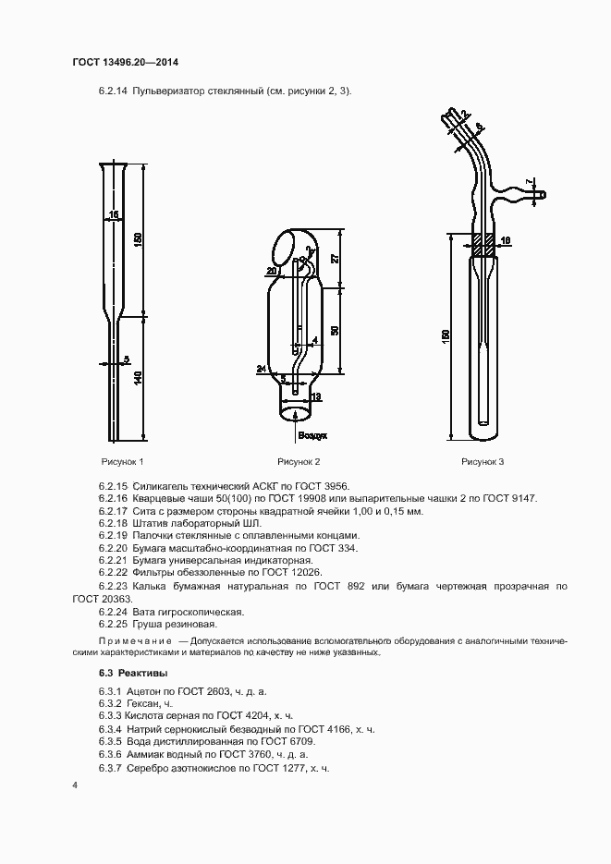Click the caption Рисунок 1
(122, 461)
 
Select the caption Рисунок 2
(299, 461)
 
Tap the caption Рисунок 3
(483, 461)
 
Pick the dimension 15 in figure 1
(113, 215)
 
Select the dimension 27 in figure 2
(334, 258)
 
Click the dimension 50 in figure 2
(334, 329)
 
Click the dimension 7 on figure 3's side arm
(529, 181)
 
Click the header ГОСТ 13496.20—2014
(125, 63)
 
